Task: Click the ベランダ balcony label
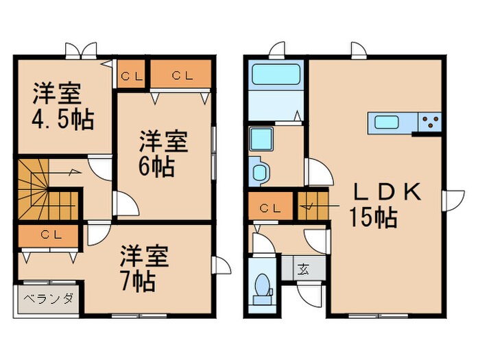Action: pyautogui.click(x=49, y=299)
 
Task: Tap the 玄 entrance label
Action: pyautogui.click(x=303, y=268)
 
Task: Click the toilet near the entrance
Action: pyautogui.click(x=261, y=288)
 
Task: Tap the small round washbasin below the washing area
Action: pyautogui.click(x=261, y=171)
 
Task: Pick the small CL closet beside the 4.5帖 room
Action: pyautogui.click(x=132, y=76)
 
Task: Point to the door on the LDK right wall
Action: pyautogui.click(x=453, y=200)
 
